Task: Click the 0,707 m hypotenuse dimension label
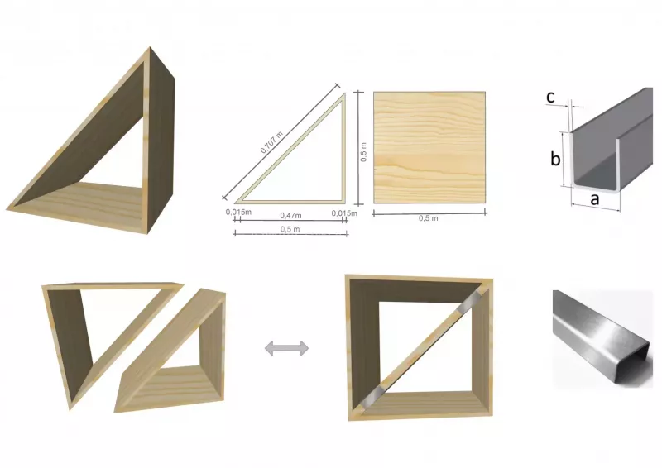point(271,142)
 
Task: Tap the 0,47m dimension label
point(291,216)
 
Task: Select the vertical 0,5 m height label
point(363,152)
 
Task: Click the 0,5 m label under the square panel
point(428,218)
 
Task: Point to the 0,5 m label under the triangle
point(290,229)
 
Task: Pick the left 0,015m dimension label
point(238,212)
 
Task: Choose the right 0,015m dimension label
point(344,213)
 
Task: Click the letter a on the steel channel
point(594,198)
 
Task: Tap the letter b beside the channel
point(555,159)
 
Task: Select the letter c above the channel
point(550,97)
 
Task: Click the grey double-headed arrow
point(286,348)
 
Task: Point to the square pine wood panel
point(429,147)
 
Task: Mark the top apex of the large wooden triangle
point(150,47)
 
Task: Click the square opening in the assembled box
point(425,347)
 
